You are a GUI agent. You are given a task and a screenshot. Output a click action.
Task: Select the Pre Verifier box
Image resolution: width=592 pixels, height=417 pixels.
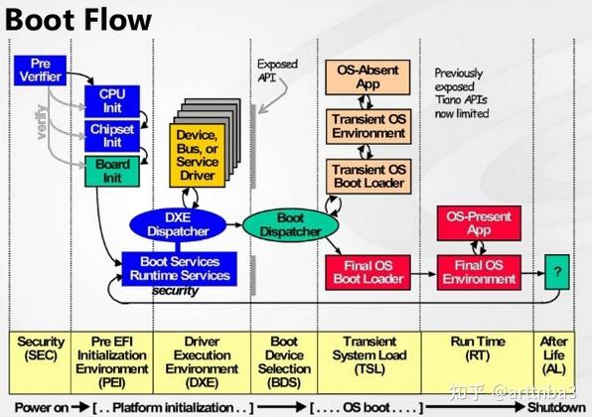pos(39,69)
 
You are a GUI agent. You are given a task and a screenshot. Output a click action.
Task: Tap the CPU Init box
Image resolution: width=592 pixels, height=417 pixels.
pos(111,100)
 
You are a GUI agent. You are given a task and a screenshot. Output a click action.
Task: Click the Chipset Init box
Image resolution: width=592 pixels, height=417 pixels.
pos(111,136)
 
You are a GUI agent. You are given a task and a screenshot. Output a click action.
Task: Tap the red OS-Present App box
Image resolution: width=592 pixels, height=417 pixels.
pos(479,223)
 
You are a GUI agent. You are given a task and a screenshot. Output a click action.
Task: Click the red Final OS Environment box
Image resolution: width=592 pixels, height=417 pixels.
pos(479,271)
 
